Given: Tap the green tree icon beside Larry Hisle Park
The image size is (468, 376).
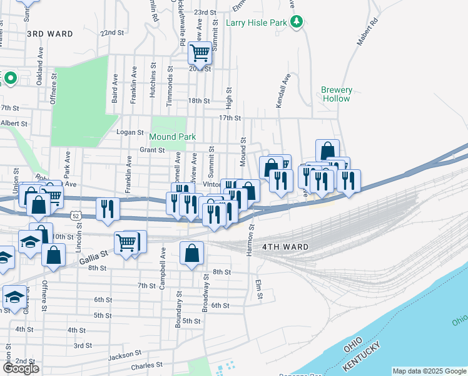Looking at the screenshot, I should [x=298, y=23].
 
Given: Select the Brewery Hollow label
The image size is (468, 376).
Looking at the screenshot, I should [x=337, y=94].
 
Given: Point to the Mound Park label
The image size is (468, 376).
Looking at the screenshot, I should [x=173, y=137].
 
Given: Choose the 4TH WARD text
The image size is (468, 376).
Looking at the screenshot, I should [x=285, y=247].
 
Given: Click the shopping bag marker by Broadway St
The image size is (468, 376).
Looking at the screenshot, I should [x=192, y=253].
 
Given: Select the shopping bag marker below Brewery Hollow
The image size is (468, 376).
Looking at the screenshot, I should [x=327, y=150].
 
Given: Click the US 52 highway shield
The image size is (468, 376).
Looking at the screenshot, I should [x=76, y=215].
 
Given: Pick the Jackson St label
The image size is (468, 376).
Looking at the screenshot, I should [x=120, y=356].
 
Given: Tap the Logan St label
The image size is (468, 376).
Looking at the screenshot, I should [x=131, y=132].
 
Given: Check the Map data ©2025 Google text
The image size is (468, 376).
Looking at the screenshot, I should [x=429, y=371].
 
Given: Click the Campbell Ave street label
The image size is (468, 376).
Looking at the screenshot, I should [x=163, y=268].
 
